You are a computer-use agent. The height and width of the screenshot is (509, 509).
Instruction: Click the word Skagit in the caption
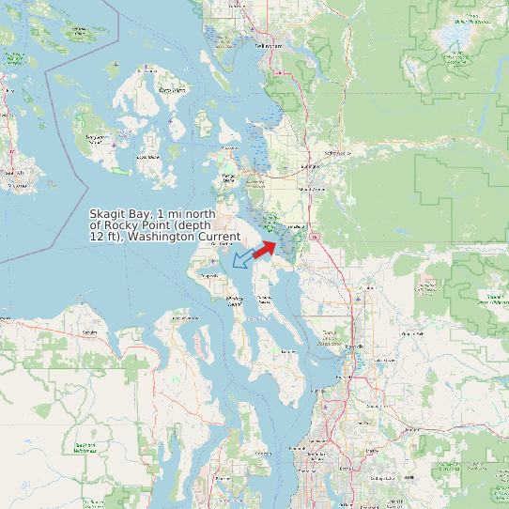click(110, 214)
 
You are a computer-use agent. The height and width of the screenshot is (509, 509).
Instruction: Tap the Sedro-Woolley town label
click(335, 152)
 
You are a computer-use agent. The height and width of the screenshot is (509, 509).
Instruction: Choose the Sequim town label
click(90, 332)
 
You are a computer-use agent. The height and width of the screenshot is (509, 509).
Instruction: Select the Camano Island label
click(264, 299)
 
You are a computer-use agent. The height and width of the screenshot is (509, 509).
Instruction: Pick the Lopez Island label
click(148, 157)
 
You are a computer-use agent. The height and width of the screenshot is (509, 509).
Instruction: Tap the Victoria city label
click(13, 174)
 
